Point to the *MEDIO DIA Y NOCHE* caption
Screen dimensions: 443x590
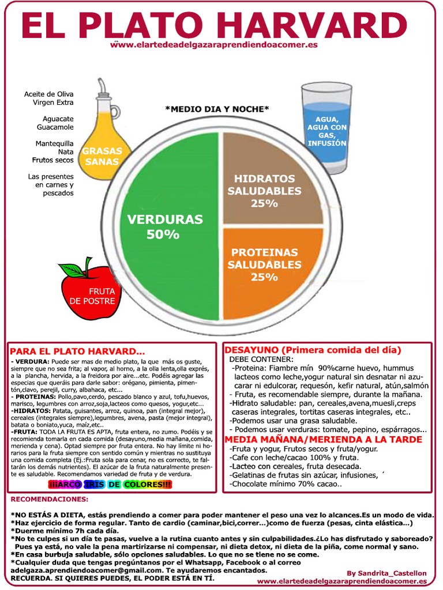[217, 109]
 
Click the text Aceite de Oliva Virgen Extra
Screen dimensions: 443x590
[48, 98]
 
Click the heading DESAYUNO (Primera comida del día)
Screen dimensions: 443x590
[313, 350]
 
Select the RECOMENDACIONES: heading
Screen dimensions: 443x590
[50, 499]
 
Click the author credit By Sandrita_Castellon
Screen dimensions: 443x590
[387, 573]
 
